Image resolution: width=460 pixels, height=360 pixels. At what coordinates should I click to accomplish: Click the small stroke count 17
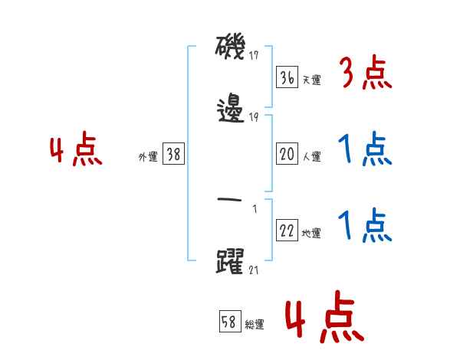[x=254, y=55]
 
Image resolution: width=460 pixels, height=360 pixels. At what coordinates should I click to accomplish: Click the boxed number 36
[x=286, y=77]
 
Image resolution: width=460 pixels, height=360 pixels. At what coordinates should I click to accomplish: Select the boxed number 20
[x=286, y=154]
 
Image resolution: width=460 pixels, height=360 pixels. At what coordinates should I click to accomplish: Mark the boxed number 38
[x=173, y=155]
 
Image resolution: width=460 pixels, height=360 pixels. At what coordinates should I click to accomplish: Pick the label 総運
[x=255, y=324]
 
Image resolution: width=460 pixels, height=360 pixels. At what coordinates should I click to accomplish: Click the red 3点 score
[x=365, y=75]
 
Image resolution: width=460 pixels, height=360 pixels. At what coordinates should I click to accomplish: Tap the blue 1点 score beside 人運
[x=365, y=151]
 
